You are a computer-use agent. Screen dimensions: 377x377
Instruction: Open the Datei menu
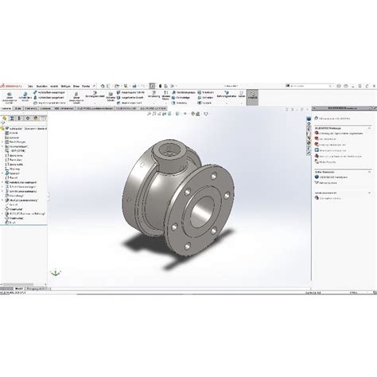coord(30,85)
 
